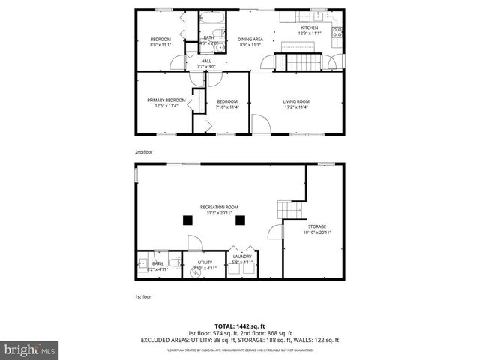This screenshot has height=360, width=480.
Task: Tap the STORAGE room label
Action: [x=316, y=226]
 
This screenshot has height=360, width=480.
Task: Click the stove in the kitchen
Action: [x=337, y=31]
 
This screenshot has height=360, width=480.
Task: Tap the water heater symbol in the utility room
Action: [x=197, y=271]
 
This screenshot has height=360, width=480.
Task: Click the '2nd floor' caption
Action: [x=143, y=152]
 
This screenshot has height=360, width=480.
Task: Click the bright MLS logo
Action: [x=30, y=350]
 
